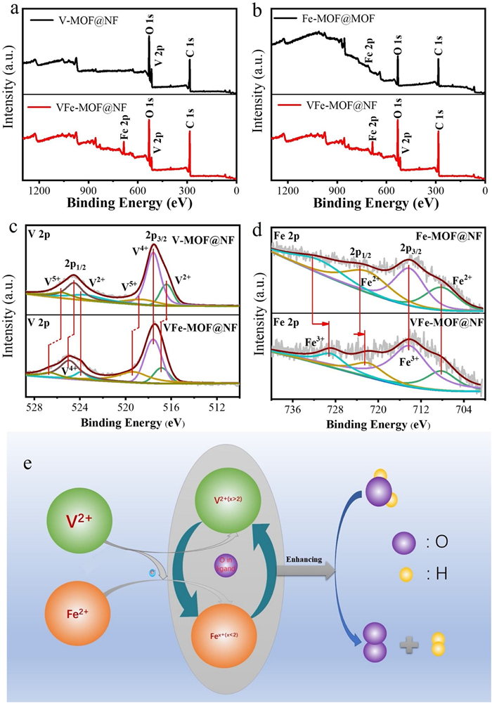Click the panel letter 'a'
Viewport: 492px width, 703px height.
pos(10,10)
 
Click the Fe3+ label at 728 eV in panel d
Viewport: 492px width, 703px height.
pos(314,343)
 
